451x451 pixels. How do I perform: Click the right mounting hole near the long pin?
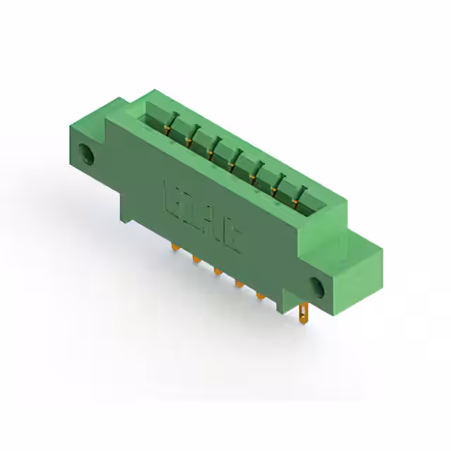click(316, 287)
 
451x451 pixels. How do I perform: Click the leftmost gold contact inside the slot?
click(167, 128)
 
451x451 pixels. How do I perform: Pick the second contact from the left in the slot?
click(189, 140)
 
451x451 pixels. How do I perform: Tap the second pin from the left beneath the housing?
click(194, 259)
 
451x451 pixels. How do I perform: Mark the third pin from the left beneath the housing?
click(217, 270)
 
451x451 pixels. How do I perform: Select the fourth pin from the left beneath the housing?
click(238, 283)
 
